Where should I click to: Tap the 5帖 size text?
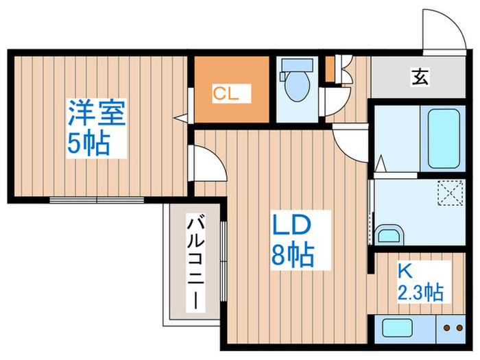coord(88,143)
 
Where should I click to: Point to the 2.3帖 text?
coord(420,293)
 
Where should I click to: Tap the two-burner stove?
coord(453,328)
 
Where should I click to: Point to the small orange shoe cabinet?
coord(330,68)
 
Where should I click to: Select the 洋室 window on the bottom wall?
coord(97,200)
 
